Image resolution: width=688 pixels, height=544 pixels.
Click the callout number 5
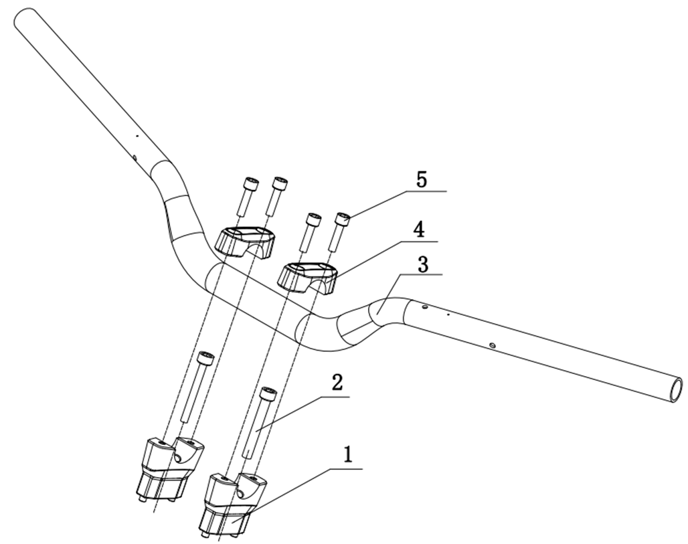422,179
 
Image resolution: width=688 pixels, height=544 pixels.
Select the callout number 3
422,264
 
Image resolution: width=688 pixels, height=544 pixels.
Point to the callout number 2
337,383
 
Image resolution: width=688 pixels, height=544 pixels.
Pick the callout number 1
347,455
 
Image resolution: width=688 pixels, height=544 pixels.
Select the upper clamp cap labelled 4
308,278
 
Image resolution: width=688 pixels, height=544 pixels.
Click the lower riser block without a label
171,470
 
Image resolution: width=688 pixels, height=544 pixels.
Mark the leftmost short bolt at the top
247,196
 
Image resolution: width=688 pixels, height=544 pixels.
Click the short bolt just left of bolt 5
311,232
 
